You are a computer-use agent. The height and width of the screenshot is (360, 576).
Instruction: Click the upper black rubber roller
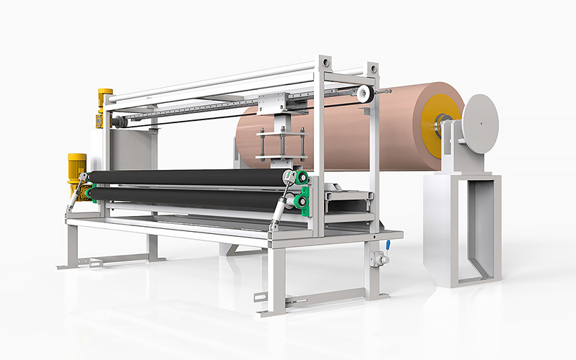[x=187, y=177]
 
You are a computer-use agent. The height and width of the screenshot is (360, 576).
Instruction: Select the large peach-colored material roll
[x=338, y=130]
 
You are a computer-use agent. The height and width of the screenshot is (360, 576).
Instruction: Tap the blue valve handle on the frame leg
[x=387, y=244]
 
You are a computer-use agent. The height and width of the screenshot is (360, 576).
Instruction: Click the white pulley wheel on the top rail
[x=365, y=93]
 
